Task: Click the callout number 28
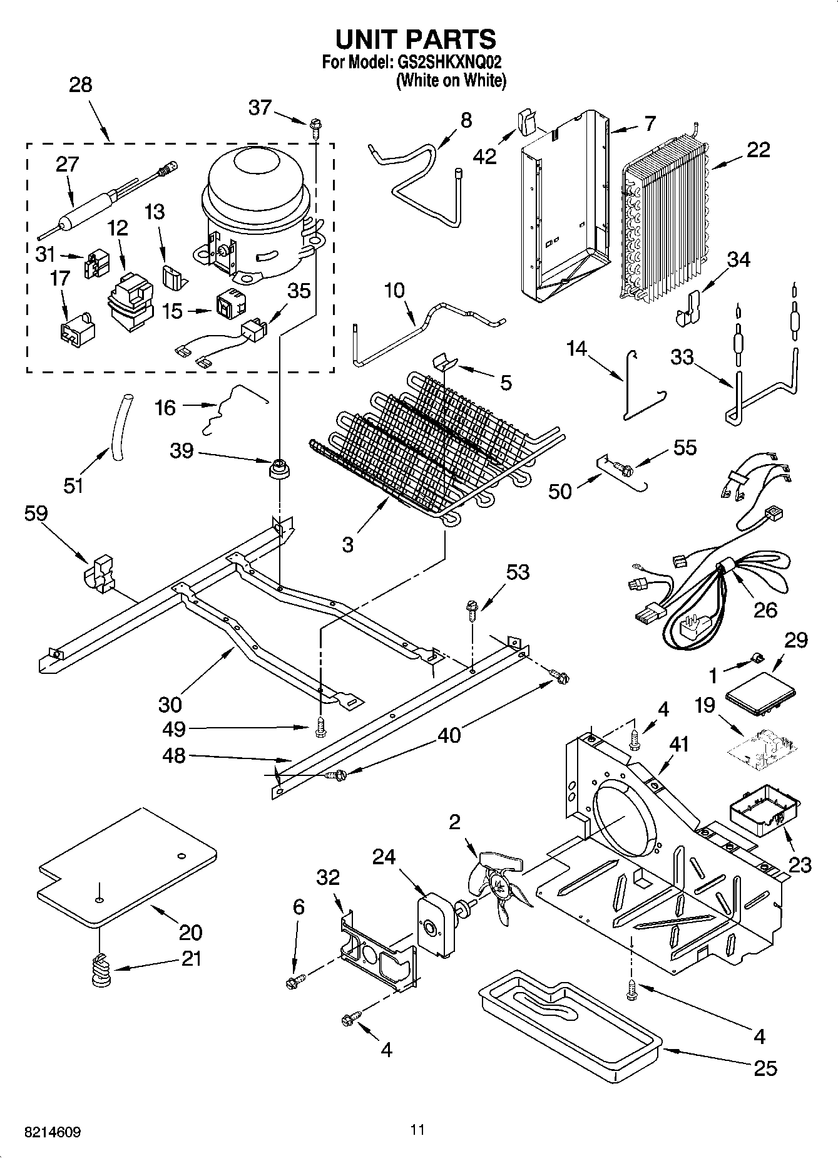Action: pos(80,85)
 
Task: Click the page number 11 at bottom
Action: pos(417,1130)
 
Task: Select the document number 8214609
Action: pos(53,1132)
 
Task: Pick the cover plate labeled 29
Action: pos(760,695)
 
